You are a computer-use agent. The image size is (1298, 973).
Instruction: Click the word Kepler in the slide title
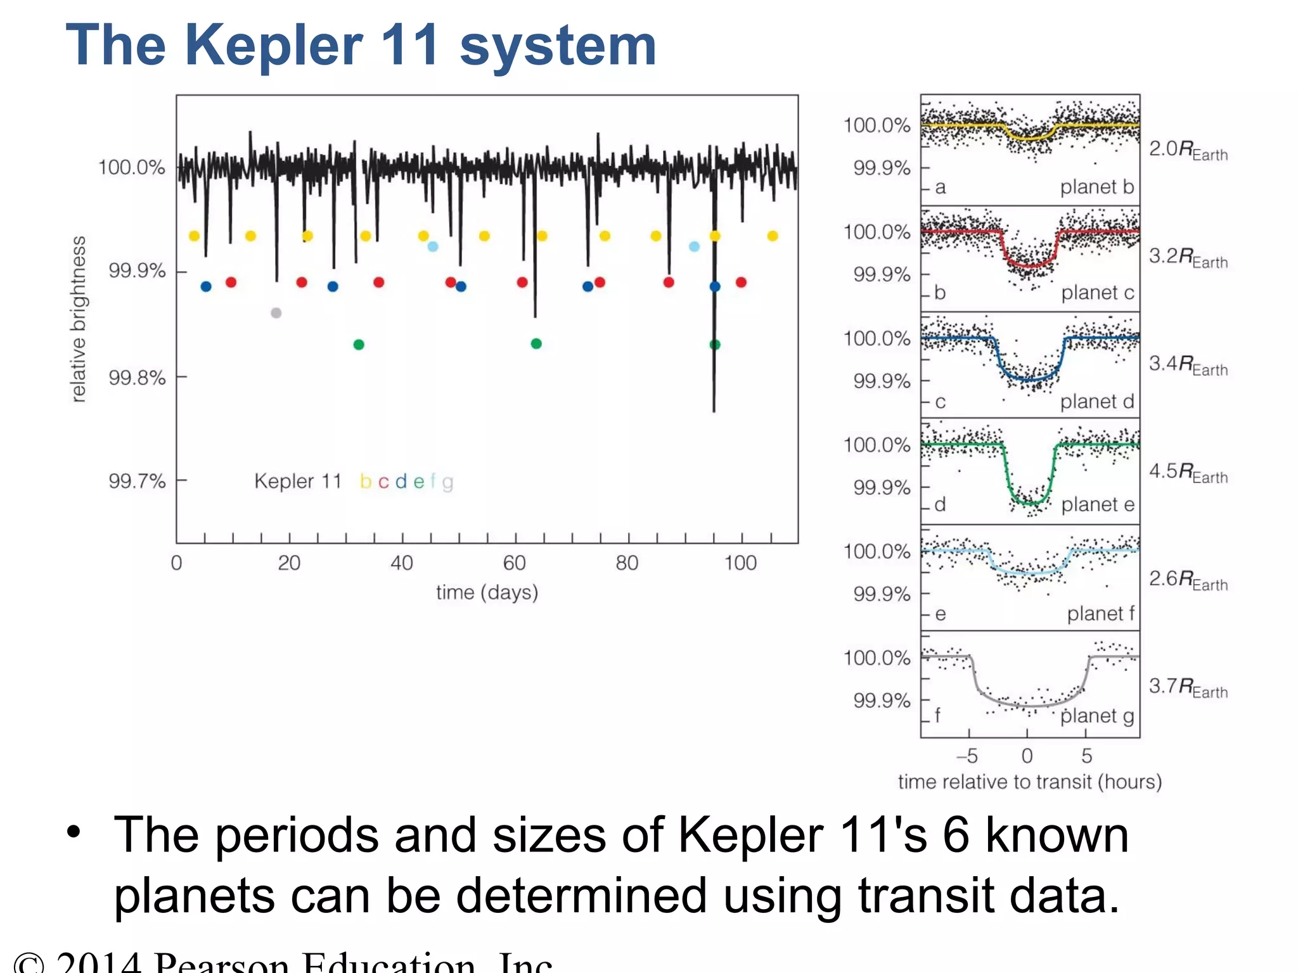coord(274,46)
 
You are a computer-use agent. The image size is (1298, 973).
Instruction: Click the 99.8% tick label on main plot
coord(136,378)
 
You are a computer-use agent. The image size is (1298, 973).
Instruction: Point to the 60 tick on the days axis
coord(514,563)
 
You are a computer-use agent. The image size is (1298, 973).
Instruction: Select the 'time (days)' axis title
coord(487,592)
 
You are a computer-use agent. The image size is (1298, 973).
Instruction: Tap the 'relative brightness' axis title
coord(78,319)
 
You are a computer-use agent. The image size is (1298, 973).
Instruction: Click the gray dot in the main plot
coord(276,313)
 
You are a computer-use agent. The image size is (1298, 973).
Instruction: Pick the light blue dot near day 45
coord(433,246)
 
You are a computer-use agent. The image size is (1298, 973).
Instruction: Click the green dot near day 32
coord(359,345)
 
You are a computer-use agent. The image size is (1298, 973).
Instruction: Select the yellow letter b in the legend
coord(365,482)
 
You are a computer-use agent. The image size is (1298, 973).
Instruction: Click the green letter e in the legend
coord(418,482)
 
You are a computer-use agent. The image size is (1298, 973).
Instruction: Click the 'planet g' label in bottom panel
coord(1097,716)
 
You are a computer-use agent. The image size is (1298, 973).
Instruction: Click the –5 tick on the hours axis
coord(967,756)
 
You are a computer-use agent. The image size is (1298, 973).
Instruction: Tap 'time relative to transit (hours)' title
coord(1029,782)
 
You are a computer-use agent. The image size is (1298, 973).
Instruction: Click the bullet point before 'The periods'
coord(74,832)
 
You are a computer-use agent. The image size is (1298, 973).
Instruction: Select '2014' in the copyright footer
coord(98,964)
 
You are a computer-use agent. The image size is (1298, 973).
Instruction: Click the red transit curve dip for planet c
coord(1030,265)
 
